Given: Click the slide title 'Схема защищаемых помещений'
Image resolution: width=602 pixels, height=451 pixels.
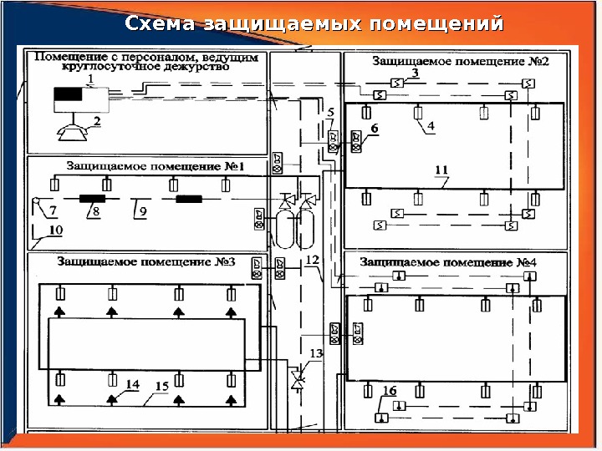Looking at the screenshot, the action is click(x=314, y=23).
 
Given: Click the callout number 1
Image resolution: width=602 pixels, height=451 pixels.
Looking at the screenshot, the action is click(x=91, y=78).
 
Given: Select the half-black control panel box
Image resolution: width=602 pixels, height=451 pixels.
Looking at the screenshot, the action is click(x=81, y=99).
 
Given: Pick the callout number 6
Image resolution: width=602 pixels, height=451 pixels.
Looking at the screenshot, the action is click(x=375, y=128).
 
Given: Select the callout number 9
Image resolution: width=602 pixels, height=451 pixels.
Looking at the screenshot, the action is click(x=143, y=212).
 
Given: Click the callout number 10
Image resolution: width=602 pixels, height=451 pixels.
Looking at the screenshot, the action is click(x=55, y=230).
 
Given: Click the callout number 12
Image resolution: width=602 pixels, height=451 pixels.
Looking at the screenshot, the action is click(x=312, y=261).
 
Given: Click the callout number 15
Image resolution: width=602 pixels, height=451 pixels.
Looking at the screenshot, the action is click(x=161, y=386).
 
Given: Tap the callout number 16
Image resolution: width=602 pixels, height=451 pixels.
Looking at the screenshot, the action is click(x=390, y=391).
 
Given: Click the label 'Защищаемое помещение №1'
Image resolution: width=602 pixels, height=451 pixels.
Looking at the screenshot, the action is click(x=155, y=166).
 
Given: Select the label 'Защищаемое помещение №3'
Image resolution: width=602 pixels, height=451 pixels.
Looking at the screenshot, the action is click(x=145, y=261).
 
